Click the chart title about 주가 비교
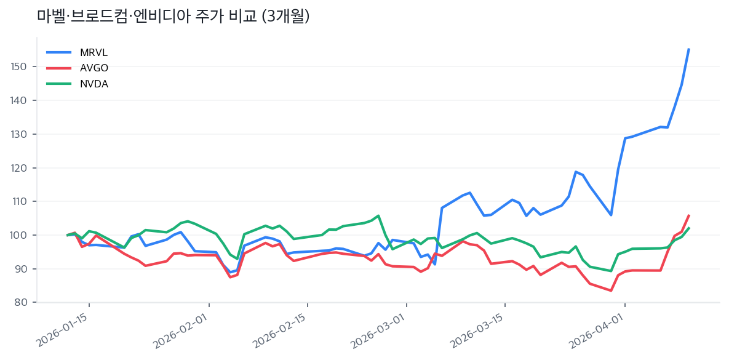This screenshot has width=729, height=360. point(173,17)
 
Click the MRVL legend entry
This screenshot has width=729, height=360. point(94,52)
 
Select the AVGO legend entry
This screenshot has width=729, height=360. point(94,68)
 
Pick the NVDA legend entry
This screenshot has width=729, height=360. point(94,84)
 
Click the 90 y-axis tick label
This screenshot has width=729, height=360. point(23,269)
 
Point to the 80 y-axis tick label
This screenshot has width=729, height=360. point(23,303)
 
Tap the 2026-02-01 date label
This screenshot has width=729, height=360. point(183,331)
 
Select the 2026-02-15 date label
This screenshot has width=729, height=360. point(281,331)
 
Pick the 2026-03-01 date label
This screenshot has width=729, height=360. point(380,331)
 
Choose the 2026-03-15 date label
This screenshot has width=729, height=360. point(478,331)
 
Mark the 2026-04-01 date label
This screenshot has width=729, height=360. point(598,331)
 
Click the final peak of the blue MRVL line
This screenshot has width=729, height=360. point(688,49)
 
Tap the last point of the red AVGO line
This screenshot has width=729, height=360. point(688,215)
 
